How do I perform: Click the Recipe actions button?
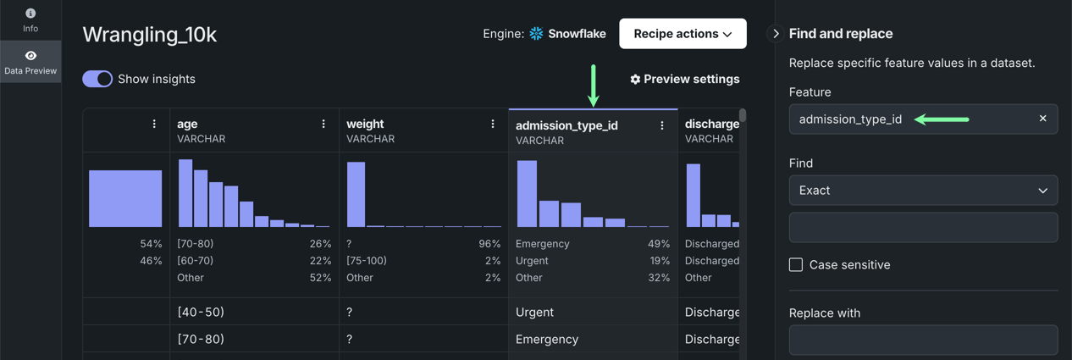click(x=682, y=34)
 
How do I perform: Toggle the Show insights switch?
click(x=97, y=79)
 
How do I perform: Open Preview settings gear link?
click(x=684, y=79)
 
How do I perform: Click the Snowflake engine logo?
click(x=536, y=34)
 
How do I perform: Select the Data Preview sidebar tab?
click(x=30, y=62)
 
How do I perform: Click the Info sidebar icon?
click(x=30, y=19)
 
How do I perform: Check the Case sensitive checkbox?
click(x=796, y=265)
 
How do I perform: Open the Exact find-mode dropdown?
click(x=923, y=191)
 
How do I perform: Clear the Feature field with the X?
click(x=1042, y=119)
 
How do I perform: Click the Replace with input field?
click(x=923, y=340)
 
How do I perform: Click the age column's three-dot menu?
click(x=323, y=124)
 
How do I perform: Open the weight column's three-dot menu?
click(x=493, y=124)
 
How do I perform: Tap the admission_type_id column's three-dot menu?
click(x=662, y=125)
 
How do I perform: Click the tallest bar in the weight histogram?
click(x=356, y=195)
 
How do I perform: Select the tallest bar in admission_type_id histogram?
click(x=527, y=194)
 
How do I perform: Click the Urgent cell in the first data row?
click(x=534, y=312)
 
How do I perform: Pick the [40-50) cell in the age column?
click(x=201, y=312)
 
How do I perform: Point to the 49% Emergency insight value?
click(x=659, y=244)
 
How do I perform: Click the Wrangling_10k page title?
click(x=150, y=35)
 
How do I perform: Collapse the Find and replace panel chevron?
click(x=775, y=34)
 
